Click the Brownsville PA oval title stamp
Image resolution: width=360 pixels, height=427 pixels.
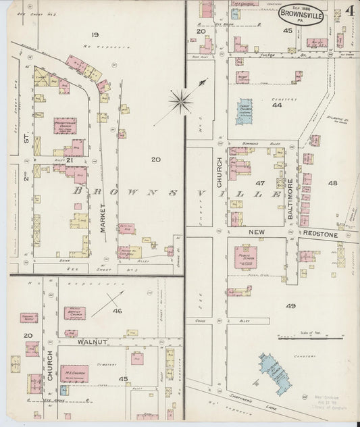click(301, 14)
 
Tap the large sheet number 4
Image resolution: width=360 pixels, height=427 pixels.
click(350, 11)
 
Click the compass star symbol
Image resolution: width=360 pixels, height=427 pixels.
click(180, 102)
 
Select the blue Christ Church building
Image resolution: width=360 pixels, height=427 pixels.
click(244, 111)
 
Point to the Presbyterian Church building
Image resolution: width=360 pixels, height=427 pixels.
click(65, 126)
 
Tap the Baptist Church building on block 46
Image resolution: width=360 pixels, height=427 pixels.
click(74, 313)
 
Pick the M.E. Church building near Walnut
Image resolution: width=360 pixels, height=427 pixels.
click(74, 373)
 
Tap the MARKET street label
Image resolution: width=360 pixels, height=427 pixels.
click(104, 219)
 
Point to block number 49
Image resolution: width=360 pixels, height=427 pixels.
click(290, 306)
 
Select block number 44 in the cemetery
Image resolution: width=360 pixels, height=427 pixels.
click(277, 105)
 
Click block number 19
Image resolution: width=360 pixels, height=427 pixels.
click(95, 34)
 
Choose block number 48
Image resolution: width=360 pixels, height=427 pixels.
click(332, 183)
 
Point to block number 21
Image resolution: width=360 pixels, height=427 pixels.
click(69, 160)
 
